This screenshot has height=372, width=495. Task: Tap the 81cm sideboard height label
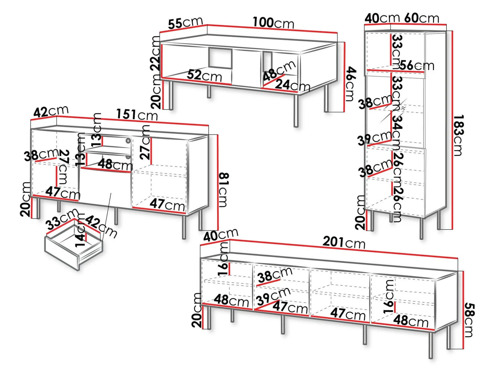click(224, 190)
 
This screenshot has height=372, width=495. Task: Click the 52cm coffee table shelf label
click(204, 75)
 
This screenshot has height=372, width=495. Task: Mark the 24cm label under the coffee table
click(292, 85)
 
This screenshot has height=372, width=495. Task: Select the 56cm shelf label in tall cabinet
click(416, 65)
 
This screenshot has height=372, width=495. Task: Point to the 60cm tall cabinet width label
click(422, 18)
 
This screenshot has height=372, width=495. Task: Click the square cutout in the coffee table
click(220, 58)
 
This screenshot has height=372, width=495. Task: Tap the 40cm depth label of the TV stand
click(221, 235)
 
